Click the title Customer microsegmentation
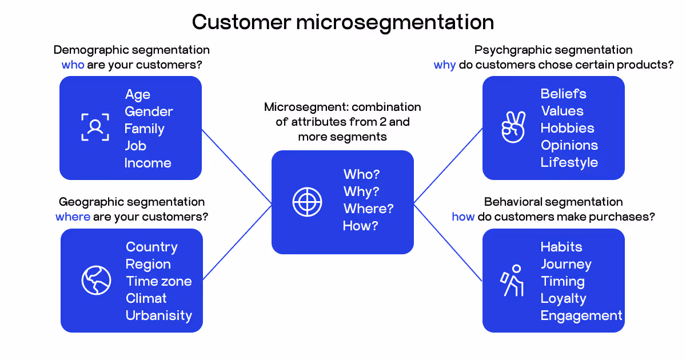click(343, 22)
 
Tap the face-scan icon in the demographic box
click(95, 127)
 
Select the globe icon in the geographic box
click(96, 280)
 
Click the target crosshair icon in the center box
click(308, 201)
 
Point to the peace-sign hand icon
click(513, 127)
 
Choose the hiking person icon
click(513, 280)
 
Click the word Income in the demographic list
click(148, 163)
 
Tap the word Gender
click(149, 111)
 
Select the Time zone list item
click(159, 281)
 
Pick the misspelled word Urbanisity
click(159, 315)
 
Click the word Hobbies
click(568, 128)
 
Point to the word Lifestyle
click(569, 162)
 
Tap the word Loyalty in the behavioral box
click(563, 298)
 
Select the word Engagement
click(581, 315)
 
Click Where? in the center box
click(368, 209)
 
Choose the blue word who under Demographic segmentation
click(73, 65)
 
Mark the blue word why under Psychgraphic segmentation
click(445, 65)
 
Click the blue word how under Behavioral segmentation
click(463, 217)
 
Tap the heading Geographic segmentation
click(131, 202)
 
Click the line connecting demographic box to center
click(237, 166)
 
